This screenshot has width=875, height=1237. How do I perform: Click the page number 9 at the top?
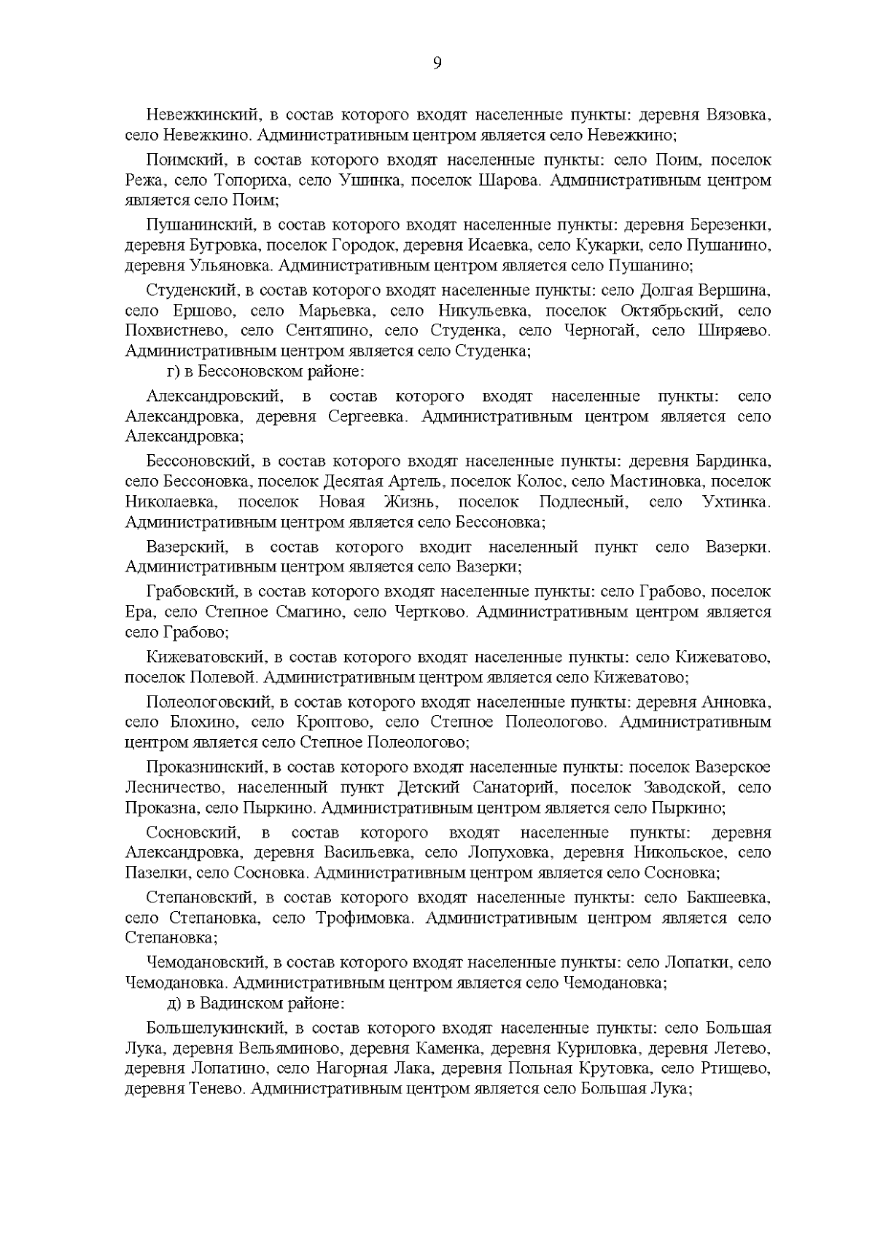point(437,64)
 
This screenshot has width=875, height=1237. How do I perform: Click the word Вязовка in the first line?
point(737,115)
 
